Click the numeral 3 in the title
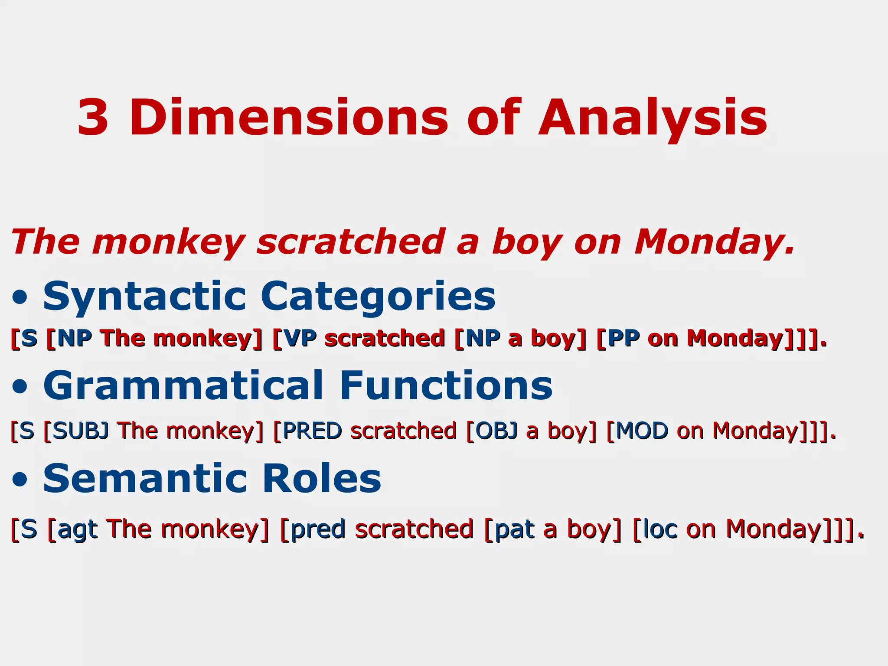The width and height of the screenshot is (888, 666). (x=93, y=118)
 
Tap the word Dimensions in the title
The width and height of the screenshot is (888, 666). (x=288, y=118)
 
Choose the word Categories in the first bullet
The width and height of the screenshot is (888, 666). (x=378, y=297)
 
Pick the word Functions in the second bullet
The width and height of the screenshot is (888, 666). (x=446, y=385)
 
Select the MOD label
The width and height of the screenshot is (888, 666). (x=642, y=431)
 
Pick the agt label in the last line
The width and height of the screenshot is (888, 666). (x=77, y=530)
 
